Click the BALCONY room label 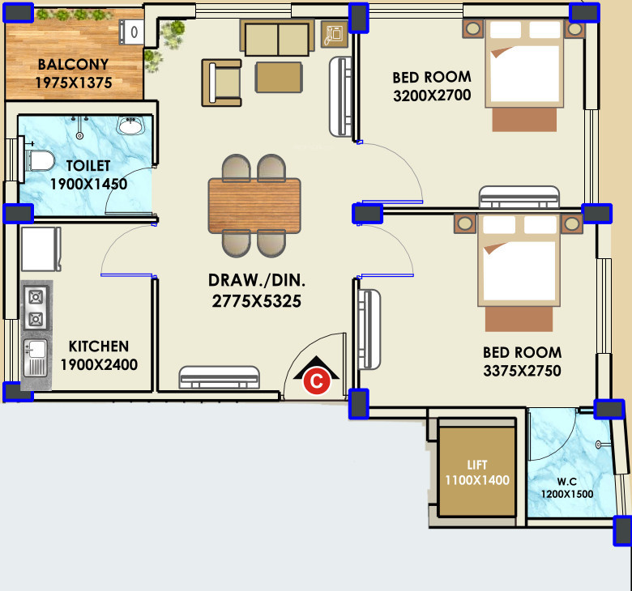click(73, 65)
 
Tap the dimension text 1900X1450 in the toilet click(88, 184)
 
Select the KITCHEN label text click(99, 346)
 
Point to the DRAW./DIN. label click(257, 280)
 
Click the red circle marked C click(317, 381)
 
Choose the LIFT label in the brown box click(477, 465)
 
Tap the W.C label click(566, 482)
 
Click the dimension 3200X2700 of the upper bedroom click(432, 96)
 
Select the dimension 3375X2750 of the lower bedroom click(522, 371)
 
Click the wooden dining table click(254, 206)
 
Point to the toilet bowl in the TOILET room click(40, 160)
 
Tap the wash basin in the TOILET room click(130, 125)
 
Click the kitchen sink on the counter click(36, 358)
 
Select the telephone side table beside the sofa click(335, 34)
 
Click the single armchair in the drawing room click(222, 83)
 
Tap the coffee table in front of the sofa click(279, 77)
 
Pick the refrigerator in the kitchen click(41, 249)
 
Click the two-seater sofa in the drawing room click(277, 37)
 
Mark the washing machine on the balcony click(131, 32)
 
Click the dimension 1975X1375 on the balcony click(74, 83)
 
